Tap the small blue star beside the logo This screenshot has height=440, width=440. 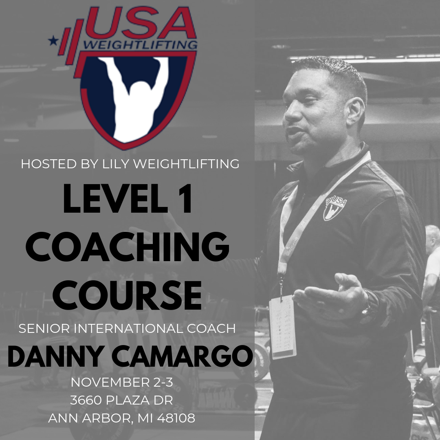click(x=52, y=41)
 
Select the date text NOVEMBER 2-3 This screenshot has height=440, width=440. click(x=122, y=382)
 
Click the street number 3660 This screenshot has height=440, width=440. click(x=86, y=400)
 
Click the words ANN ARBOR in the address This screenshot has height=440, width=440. click(x=88, y=418)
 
